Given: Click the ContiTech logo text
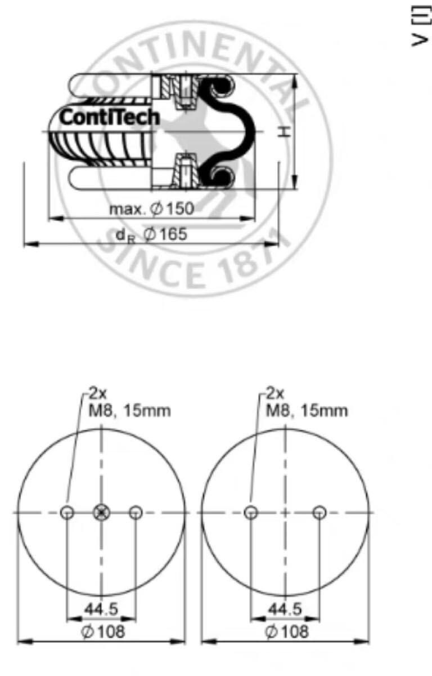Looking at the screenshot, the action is click(x=109, y=117).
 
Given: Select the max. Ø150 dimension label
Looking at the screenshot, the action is click(x=151, y=208).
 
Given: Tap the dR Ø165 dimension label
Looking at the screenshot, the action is click(x=151, y=234).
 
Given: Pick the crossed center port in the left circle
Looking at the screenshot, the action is click(x=102, y=513).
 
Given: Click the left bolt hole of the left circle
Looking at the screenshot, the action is click(x=67, y=513).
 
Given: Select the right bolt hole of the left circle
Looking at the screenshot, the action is click(x=136, y=513).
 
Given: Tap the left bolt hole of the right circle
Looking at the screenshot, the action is click(x=251, y=513).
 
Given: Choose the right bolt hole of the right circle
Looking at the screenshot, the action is click(x=319, y=513).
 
